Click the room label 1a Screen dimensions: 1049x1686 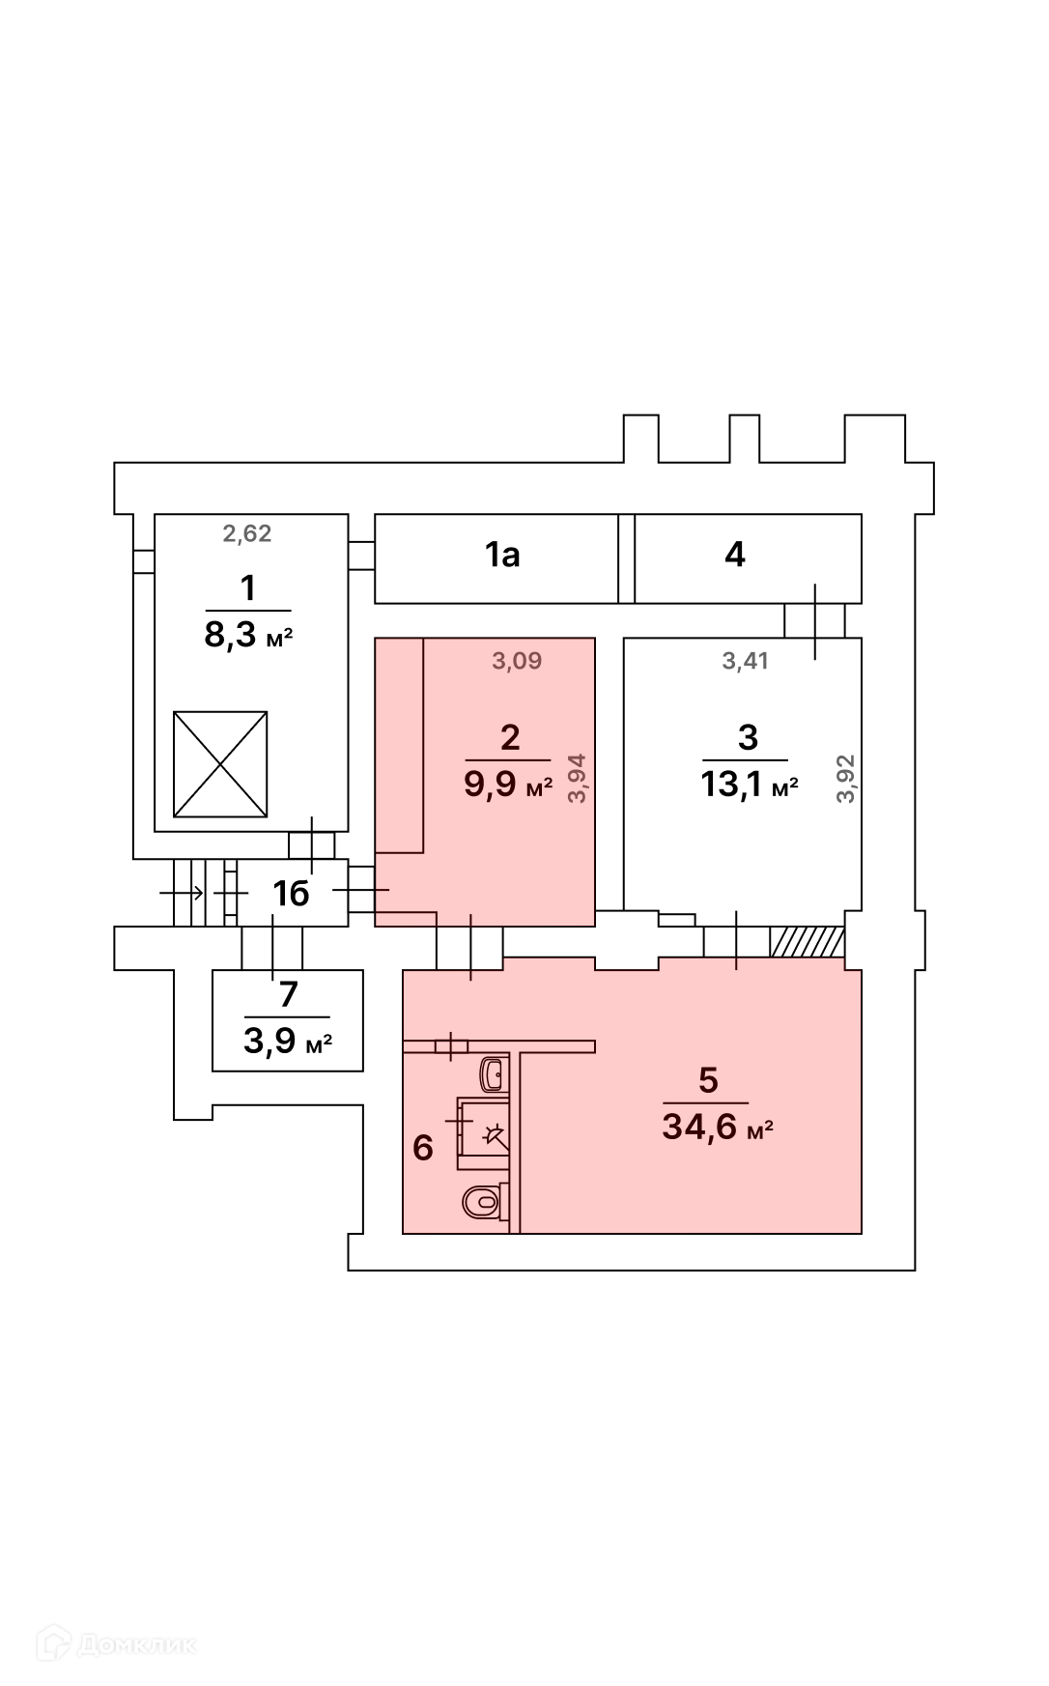point(502,555)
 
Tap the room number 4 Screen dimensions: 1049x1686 point(735,555)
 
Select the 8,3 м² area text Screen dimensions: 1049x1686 point(248,637)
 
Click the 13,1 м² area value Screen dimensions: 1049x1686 point(750,786)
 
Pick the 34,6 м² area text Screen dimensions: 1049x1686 point(718,1127)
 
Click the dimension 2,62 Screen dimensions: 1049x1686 point(247,533)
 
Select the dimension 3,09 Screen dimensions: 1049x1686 point(518,661)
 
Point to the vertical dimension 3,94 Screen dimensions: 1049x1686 point(578,779)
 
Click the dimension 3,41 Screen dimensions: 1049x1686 point(746,661)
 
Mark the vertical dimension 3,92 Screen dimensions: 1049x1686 point(847,779)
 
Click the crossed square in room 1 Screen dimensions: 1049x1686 point(220,764)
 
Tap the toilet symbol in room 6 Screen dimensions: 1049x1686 point(482,1203)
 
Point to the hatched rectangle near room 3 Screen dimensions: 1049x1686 point(808,942)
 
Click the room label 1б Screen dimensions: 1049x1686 point(291,894)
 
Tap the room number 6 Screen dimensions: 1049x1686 point(422,1148)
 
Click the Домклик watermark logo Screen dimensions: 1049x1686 point(116,1643)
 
